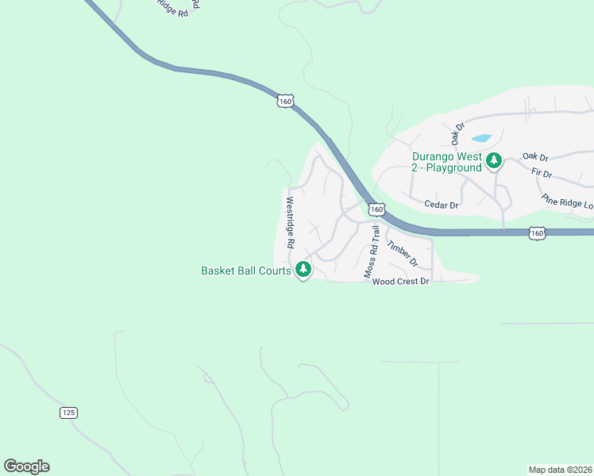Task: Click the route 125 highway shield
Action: [68, 413]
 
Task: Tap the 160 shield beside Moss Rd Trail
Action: [376, 209]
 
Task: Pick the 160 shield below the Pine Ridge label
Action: [538, 232]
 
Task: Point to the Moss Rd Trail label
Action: [372, 251]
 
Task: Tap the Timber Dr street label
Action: [403, 251]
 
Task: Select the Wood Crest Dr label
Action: [400, 282]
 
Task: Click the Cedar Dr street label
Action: [442, 205]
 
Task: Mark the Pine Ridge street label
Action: [567, 202]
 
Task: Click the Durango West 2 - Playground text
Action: [446, 162]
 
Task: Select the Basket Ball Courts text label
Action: [246, 271]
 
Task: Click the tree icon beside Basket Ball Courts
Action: [303, 270]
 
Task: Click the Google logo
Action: [26, 466]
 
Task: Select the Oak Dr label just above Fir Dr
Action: [536, 157]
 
